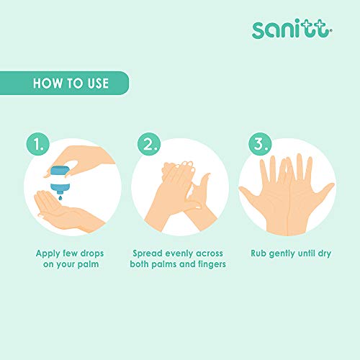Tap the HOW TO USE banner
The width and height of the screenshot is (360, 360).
[x=64, y=83]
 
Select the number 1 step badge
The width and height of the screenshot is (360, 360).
[x=38, y=144]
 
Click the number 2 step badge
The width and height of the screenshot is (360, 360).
[x=149, y=144]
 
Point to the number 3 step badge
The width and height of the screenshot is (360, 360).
[x=260, y=144]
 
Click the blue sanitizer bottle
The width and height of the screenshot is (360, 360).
[x=60, y=179]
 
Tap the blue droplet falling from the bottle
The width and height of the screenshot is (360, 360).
[x=60, y=197]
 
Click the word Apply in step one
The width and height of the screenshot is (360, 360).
[x=48, y=254]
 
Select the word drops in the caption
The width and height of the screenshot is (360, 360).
[x=92, y=253]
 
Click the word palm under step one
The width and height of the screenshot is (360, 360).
[x=88, y=264]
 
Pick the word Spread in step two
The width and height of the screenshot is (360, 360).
[x=148, y=253]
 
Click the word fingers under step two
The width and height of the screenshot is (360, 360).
[x=212, y=264]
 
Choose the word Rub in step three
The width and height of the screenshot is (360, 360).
[x=258, y=253]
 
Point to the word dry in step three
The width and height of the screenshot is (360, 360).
[x=325, y=253]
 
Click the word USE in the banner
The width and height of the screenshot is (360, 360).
[x=98, y=84]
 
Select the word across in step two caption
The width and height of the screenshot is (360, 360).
[x=210, y=253]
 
